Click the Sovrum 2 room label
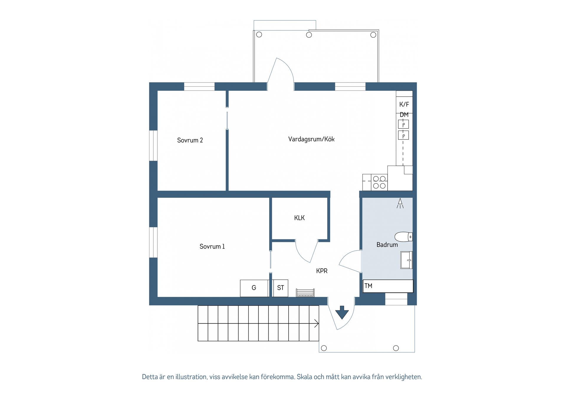click(x=190, y=140)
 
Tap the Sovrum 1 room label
click(x=212, y=246)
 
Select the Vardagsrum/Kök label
click(x=311, y=139)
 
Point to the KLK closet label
click(x=299, y=218)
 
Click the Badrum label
click(x=387, y=245)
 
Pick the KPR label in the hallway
click(x=322, y=271)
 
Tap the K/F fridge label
click(x=404, y=104)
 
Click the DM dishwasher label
click(x=404, y=115)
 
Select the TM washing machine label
click(x=368, y=286)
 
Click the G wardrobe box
click(x=254, y=288)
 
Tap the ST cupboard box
click(x=280, y=288)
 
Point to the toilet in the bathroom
click(x=403, y=237)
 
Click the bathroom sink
click(x=406, y=260)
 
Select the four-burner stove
click(x=379, y=182)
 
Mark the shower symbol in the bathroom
click(x=400, y=203)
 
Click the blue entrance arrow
click(x=342, y=312)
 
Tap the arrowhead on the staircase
click(x=317, y=324)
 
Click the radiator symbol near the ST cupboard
click(x=305, y=292)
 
